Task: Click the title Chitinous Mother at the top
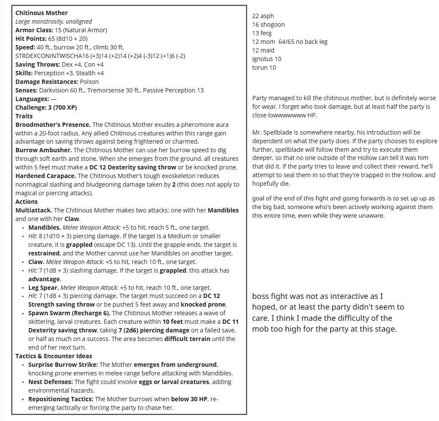[x=41, y=13]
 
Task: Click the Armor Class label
[x=34, y=30]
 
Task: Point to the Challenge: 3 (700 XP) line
[x=46, y=108]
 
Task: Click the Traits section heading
[x=24, y=116]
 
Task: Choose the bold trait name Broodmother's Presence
[x=53, y=125]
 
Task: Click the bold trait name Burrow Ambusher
[x=43, y=150]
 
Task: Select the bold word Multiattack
[x=34, y=210]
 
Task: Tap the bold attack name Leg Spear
[x=43, y=288]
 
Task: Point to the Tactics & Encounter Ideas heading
[x=54, y=356]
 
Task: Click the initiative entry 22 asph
[x=263, y=16]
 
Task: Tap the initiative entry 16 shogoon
[x=268, y=25]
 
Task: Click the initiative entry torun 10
[x=264, y=68]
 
